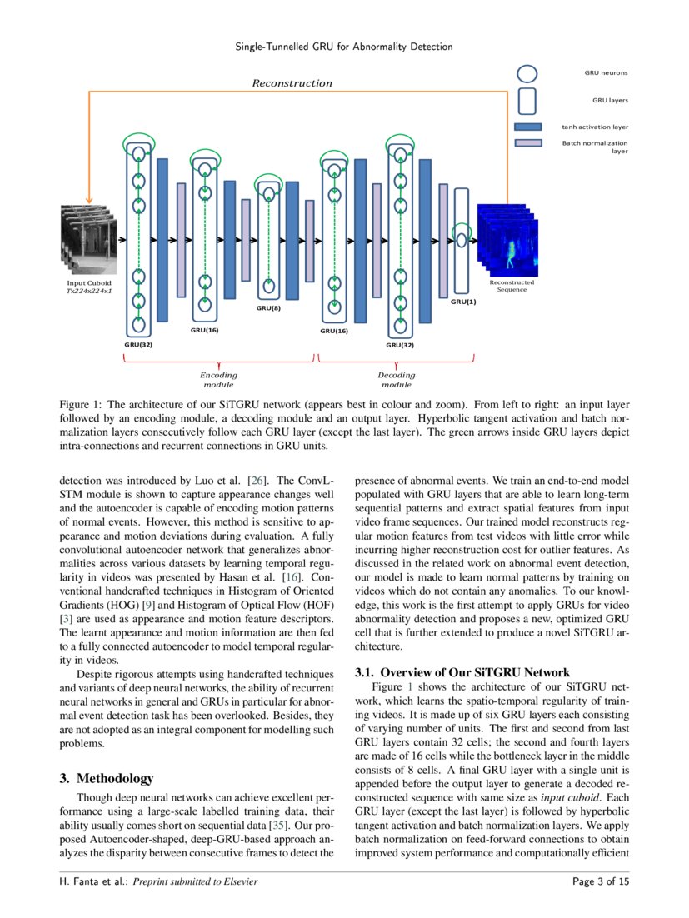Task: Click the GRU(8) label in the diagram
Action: pos(269,308)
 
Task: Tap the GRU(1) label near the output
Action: pos(463,302)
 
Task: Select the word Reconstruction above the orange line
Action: pos(292,83)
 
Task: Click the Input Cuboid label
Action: pos(88,283)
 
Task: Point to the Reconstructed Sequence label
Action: pos(512,286)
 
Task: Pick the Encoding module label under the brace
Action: pos(218,380)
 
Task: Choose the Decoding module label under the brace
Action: pos(396,380)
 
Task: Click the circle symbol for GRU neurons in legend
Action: pos(527,73)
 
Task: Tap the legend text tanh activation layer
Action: pos(595,127)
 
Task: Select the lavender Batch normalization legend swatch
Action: pos(528,143)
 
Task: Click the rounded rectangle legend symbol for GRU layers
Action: pos(527,100)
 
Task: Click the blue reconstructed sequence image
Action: pos(507,242)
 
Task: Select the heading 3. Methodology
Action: pos(107,778)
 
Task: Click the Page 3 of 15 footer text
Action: pos(601,881)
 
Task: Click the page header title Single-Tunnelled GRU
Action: pos(344,47)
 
